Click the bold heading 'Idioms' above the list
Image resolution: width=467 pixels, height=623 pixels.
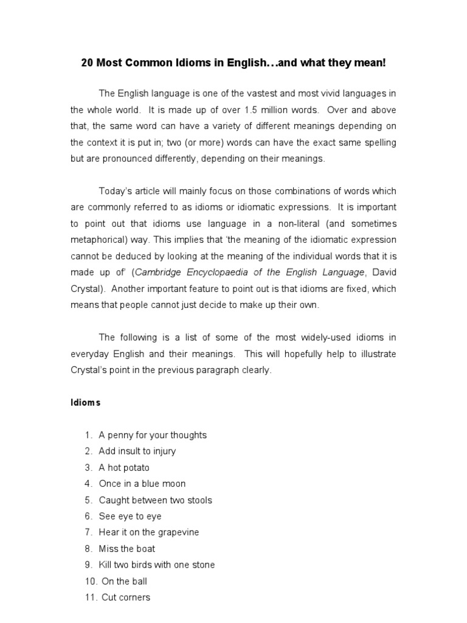[85, 403]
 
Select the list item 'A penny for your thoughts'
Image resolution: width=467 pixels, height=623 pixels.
[153, 435]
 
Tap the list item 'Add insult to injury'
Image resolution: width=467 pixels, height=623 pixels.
[137, 451]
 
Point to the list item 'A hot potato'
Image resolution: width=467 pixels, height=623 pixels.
[124, 468]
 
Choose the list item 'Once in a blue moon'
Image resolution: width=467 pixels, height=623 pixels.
[142, 484]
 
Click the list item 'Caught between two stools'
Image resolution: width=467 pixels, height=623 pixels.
[156, 500]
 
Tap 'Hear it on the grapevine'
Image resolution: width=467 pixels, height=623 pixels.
[149, 532]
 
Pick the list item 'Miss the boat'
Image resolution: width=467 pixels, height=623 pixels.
[127, 549]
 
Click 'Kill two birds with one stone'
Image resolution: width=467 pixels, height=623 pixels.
[157, 565]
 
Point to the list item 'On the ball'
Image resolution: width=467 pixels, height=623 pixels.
[125, 581]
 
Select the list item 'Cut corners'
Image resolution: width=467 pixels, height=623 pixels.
[126, 597]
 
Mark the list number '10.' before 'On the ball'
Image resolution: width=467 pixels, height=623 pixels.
[90, 581]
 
